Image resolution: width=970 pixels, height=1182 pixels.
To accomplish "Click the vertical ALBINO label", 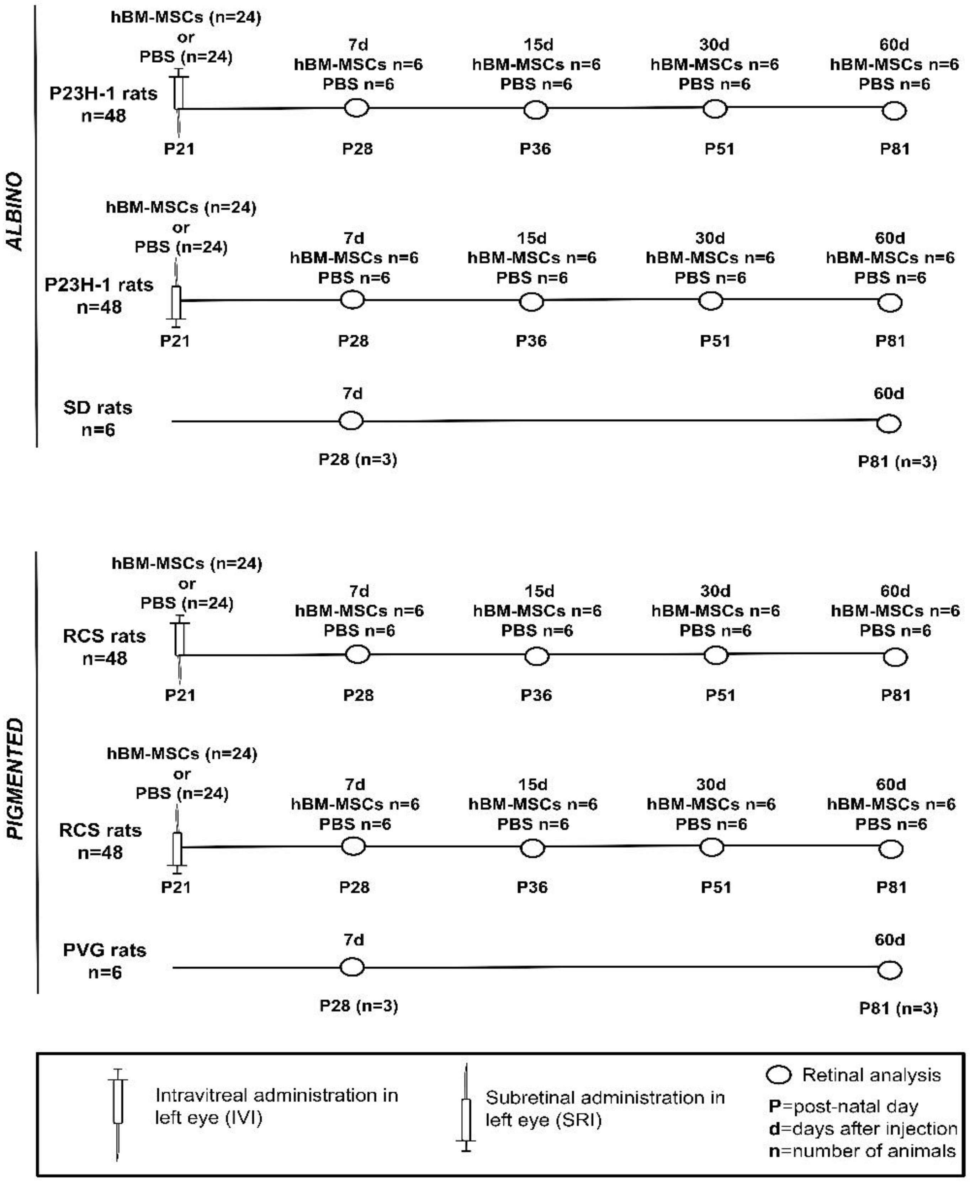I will (15, 211).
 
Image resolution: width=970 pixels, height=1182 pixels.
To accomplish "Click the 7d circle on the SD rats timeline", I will (351, 420).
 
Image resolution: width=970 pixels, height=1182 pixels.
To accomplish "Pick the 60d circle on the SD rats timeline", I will (889, 424).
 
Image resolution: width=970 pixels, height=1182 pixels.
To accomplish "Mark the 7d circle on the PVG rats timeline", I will (353, 967).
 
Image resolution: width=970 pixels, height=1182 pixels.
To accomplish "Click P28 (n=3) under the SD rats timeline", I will (357, 460).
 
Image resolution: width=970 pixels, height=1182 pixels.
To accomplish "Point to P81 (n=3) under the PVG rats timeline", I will (898, 1008).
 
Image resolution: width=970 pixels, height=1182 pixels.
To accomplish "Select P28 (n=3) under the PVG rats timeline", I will (359, 1006).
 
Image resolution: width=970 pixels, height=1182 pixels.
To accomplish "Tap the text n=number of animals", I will (862, 1151).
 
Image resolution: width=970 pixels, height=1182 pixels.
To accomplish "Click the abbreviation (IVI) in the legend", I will (238, 1118).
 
